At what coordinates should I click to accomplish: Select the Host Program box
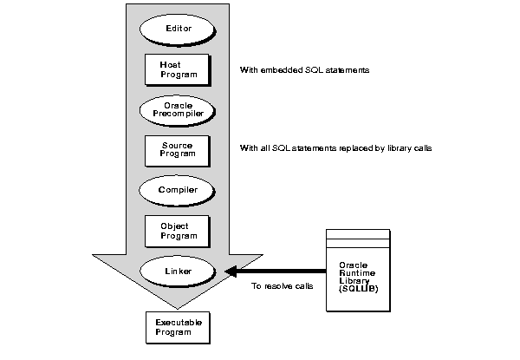point(177,69)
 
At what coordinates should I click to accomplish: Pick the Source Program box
point(177,148)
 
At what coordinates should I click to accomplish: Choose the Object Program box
point(177,230)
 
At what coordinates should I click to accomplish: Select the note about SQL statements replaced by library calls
point(335,148)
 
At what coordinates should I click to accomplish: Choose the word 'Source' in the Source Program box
point(177,143)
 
